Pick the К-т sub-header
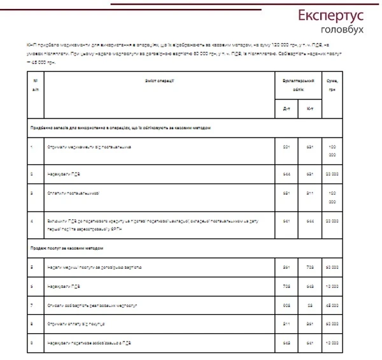click(309, 110)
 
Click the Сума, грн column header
click(332, 86)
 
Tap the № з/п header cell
click(34, 86)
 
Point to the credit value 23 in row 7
click(309, 305)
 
